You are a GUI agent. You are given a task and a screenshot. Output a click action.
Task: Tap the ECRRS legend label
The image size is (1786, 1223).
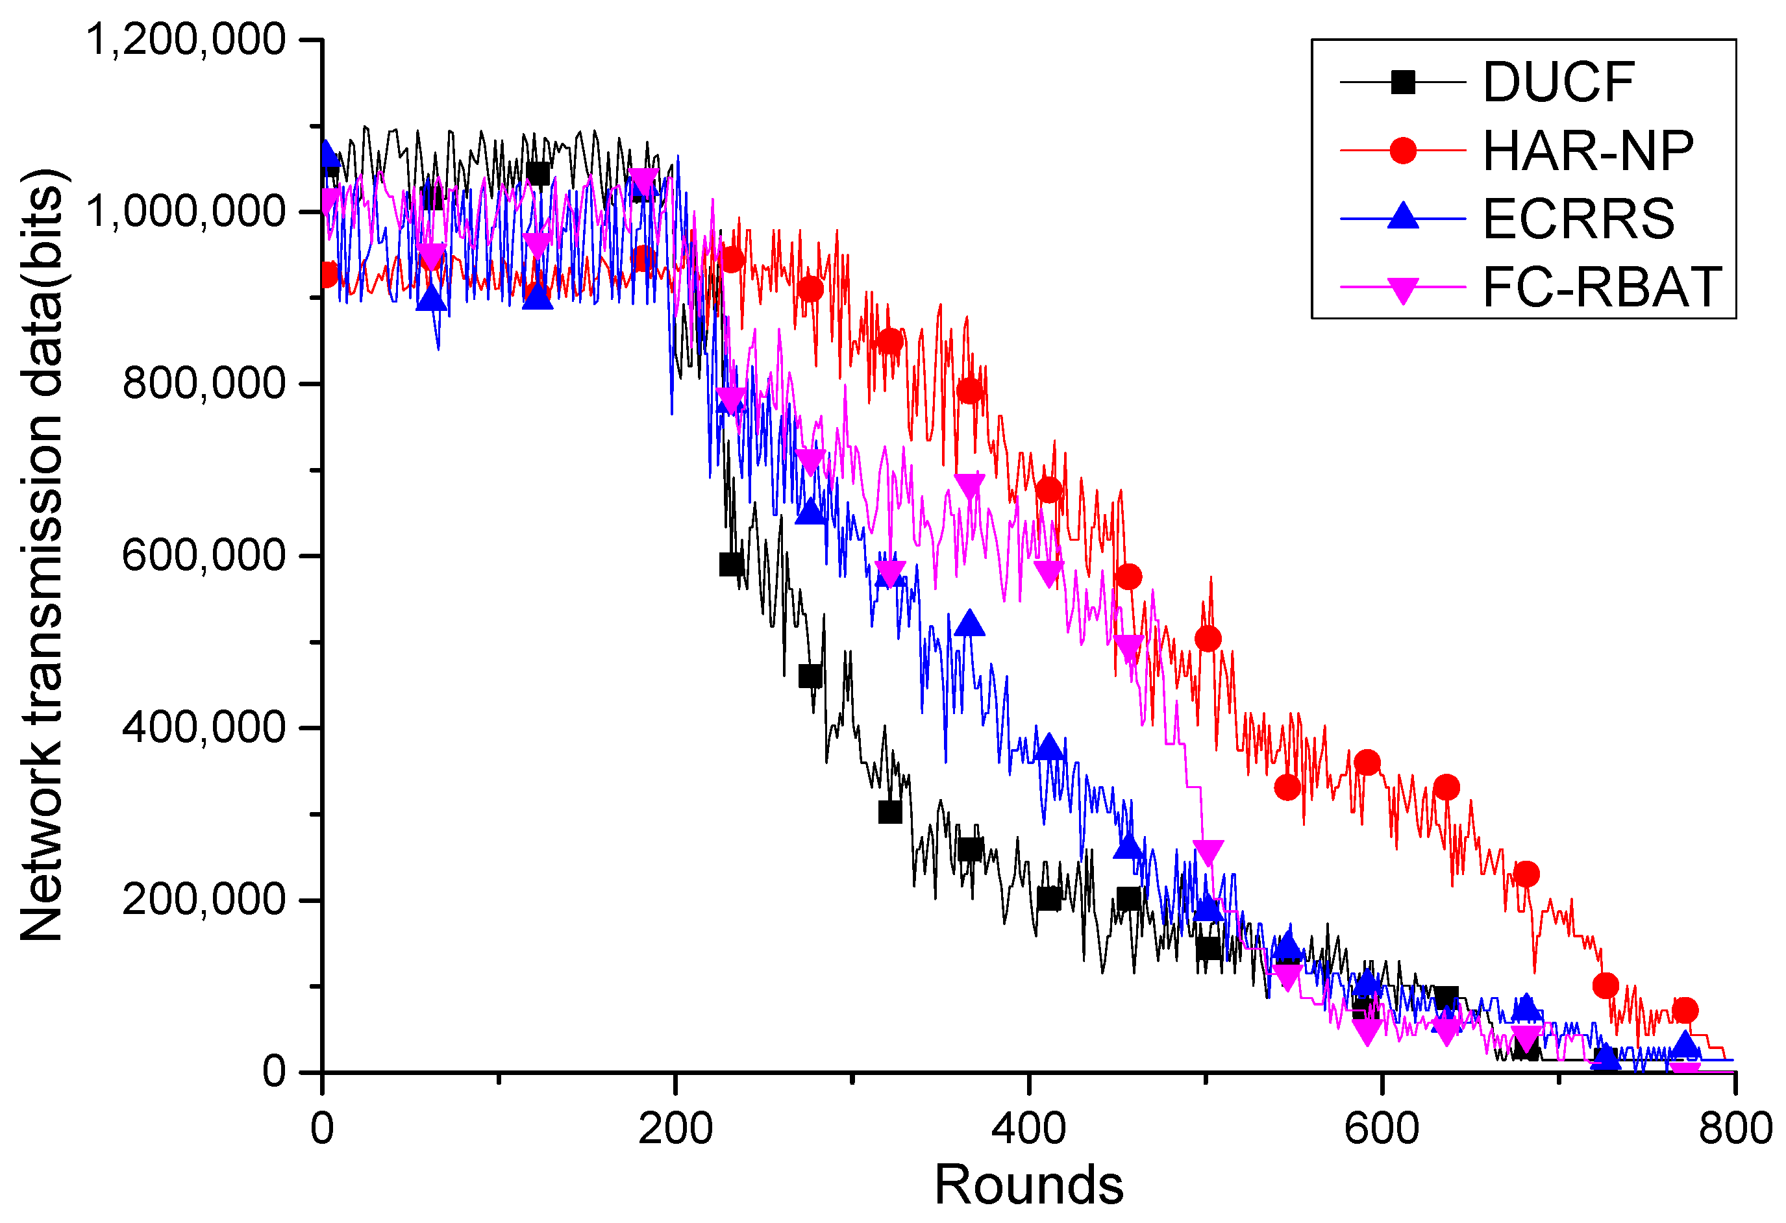click(x=1578, y=219)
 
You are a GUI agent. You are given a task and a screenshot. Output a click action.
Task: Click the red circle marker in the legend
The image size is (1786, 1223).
click(x=1404, y=151)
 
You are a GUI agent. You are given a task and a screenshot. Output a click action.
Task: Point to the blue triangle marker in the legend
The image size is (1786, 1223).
click(x=1404, y=217)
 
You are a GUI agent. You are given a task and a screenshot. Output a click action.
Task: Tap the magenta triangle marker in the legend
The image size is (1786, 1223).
click(x=1404, y=290)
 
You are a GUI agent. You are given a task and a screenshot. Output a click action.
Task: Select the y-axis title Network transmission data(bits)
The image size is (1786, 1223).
click(x=42, y=554)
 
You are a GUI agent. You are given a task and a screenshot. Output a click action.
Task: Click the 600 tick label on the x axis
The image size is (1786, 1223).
click(x=1382, y=1128)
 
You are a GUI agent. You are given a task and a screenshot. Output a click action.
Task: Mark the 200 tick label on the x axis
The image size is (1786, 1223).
click(x=675, y=1128)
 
